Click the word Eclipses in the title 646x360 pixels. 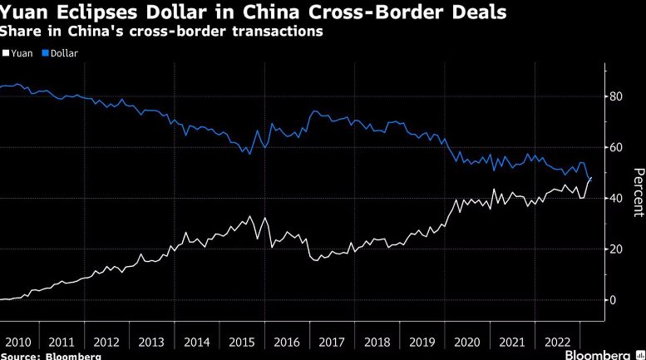[x=97, y=12]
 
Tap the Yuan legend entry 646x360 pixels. [x=17, y=53]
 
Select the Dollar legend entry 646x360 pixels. [x=60, y=53]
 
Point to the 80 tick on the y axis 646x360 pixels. [x=615, y=96]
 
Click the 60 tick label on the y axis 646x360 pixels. [x=615, y=147]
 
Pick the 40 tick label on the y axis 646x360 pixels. [x=615, y=198]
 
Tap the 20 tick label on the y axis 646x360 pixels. [x=615, y=249]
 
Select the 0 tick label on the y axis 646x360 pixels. [x=613, y=300]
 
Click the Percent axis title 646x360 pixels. [x=639, y=192]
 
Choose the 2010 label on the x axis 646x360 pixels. [x=18, y=343]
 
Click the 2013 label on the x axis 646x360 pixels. [x=151, y=343]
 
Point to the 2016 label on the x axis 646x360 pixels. [x=287, y=343]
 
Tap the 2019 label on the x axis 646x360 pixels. [x=422, y=343]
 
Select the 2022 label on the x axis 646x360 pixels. [x=557, y=343]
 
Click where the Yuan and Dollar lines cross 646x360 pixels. [x=590, y=180]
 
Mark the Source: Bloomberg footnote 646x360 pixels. [x=51, y=357]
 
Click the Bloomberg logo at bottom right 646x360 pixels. [x=604, y=355]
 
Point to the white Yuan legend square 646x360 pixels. [x=6, y=52]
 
